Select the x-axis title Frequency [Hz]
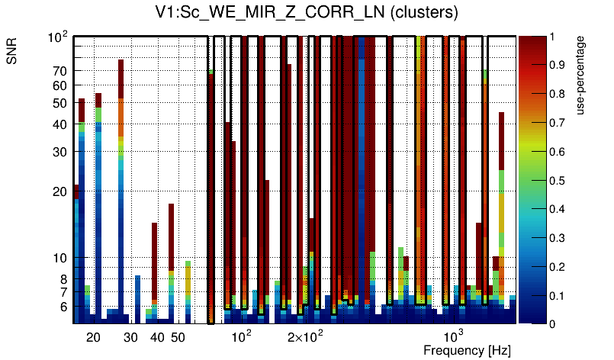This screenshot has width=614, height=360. point(467,350)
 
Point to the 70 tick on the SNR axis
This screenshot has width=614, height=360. point(60,71)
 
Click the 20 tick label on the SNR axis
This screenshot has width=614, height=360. point(60,191)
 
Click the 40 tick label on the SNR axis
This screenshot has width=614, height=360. point(60,124)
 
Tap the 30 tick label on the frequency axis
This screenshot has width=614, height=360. point(130,337)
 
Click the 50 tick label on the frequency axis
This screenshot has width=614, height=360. point(177,337)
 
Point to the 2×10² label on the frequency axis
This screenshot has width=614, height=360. point(306,336)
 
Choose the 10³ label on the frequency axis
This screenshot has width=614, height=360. point(454,336)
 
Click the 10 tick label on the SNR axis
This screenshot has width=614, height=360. point(60,258)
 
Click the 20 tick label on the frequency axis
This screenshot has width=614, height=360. point(93,337)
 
